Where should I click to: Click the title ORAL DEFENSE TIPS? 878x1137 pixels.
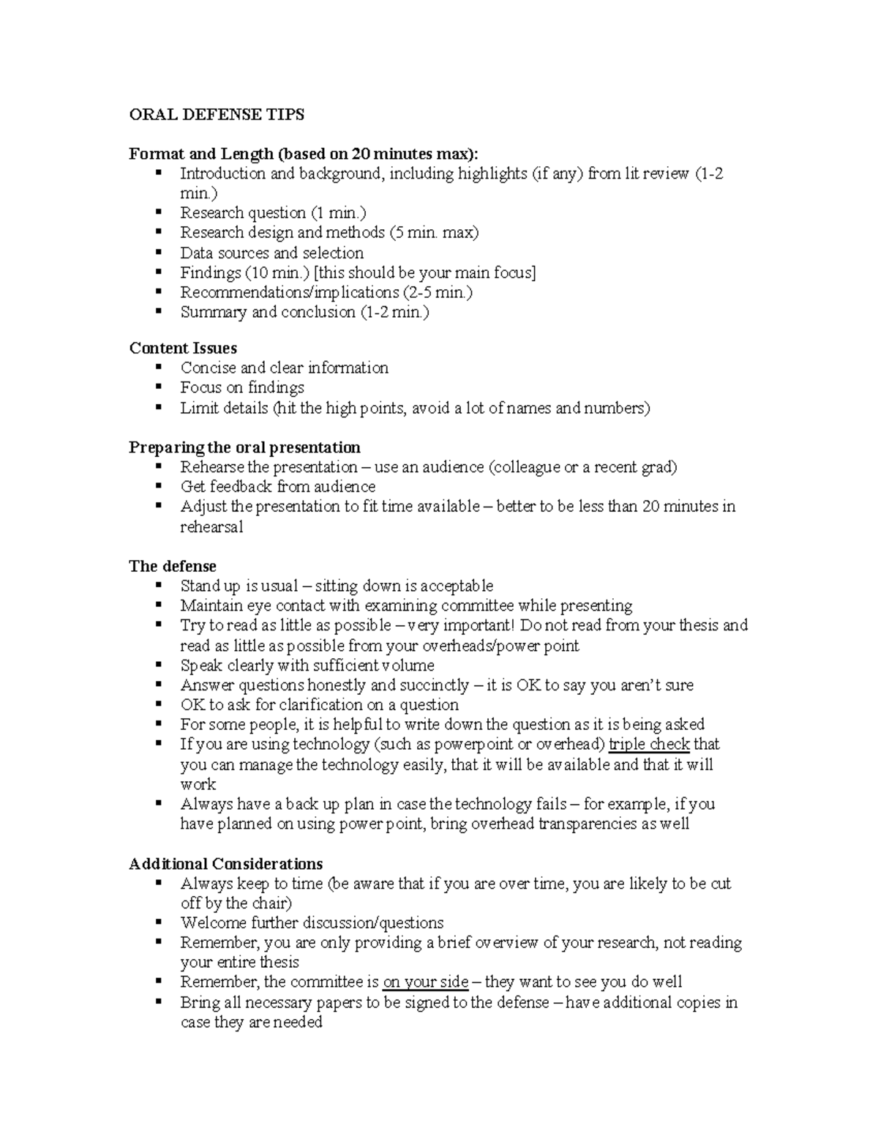click(217, 114)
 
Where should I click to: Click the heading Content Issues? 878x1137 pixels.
click(183, 348)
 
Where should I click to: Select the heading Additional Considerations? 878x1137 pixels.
click(226, 863)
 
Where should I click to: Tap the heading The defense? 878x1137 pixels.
click(173, 566)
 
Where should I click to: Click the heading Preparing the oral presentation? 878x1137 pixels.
click(244, 447)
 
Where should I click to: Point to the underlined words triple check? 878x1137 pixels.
click(649, 745)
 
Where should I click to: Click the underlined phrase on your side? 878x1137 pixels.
click(426, 982)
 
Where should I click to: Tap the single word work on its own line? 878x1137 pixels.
click(198, 784)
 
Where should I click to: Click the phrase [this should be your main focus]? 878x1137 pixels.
click(424, 273)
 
